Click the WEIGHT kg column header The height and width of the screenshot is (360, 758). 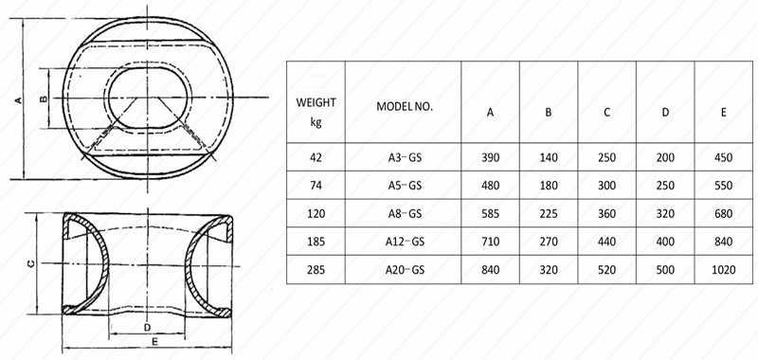[x=316, y=112]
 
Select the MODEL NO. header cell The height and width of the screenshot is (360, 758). [x=405, y=107]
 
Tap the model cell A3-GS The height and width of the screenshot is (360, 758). [x=405, y=157]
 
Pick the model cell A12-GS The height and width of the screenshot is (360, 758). [x=405, y=242]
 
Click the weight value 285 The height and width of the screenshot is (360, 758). [x=316, y=270]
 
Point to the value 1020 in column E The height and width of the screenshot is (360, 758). [x=724, y=270]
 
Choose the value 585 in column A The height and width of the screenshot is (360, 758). [x=490, y=213]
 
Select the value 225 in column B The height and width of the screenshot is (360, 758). [x=549, y=213]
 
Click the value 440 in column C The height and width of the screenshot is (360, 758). [x=606, y=242]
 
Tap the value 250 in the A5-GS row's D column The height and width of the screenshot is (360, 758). [x=665, y=186]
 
